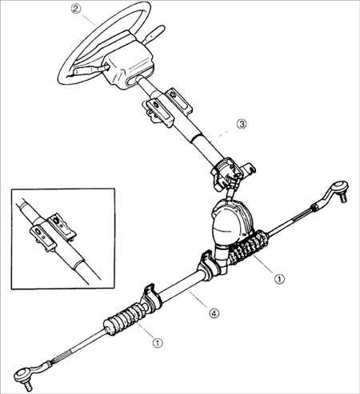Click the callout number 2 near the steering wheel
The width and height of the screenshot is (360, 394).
(x=75, y=10)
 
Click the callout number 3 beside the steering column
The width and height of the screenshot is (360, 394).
(x=242, y=124)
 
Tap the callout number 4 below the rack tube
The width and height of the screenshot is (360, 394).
(x=214, y=312)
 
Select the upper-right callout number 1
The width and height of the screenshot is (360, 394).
(x=280, y=279)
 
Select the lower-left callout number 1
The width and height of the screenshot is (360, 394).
(x=158, y=342)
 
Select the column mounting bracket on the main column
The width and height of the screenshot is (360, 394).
(x=166, y=108)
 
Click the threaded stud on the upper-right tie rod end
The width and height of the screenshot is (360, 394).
(x=343, y=198)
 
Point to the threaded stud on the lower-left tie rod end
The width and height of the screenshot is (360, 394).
(x=27, y=386)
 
